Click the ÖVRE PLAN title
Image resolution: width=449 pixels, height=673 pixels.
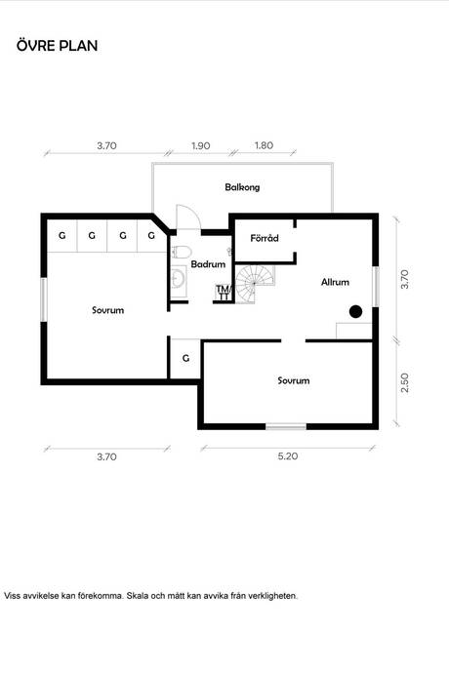point(58,45)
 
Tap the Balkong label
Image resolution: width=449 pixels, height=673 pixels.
point(242,187)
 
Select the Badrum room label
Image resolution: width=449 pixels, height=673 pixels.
point(208,264)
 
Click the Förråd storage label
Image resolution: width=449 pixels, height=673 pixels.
point(265,237)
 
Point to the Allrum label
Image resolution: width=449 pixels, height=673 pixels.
point(335,282)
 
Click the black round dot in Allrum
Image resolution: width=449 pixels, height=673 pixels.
point(355,311)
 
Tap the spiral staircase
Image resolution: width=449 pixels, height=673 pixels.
point(255,284)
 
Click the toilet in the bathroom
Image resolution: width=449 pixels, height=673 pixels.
point(181,252)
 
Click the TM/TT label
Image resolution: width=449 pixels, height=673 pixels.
point(224,293)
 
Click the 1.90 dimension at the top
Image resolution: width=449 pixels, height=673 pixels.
point(201,145)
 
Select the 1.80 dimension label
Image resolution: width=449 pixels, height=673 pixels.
point(264,145)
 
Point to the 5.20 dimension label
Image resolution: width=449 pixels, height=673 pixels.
point(287,455)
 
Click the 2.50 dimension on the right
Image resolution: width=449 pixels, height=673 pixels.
point(404,383)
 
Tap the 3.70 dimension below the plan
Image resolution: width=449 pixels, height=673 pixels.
point(106,456)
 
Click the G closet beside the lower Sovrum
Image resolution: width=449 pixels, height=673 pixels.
point(185,358)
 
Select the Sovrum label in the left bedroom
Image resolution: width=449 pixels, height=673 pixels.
point(107,310)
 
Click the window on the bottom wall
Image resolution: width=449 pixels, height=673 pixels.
point(286,426)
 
